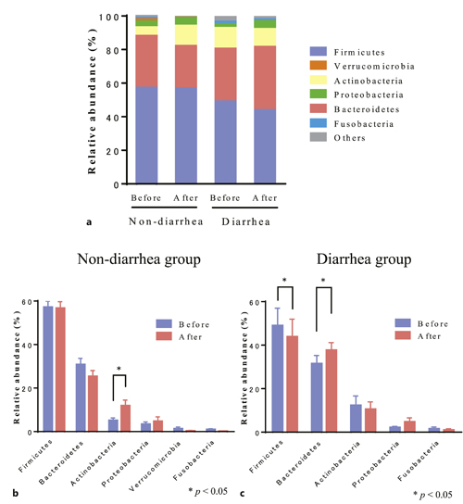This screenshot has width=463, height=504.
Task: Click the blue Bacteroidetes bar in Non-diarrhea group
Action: (x=81, y=397)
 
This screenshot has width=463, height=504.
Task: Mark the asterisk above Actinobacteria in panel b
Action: (x=119, y=371)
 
